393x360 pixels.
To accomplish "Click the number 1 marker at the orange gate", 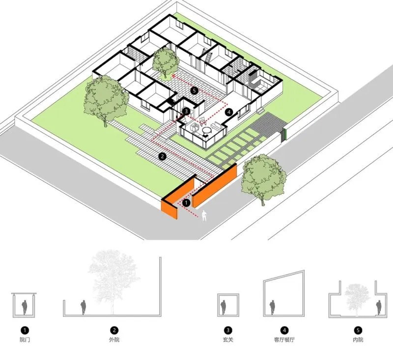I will (x=186, y=201).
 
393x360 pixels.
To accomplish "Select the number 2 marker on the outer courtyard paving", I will (x=163, y=156).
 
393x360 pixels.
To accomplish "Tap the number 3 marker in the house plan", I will (x=186, y=111).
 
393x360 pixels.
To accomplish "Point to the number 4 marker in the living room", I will (x=228, y=112).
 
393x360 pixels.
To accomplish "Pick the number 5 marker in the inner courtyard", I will (x=194, y=90).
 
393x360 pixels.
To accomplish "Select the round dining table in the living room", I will (x=207, y=131).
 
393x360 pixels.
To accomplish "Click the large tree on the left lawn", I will (x=104, y=98).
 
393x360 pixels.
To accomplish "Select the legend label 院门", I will (x=25, y=339).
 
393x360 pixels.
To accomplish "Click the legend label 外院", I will (x=114, y=339).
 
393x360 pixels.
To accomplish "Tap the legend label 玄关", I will (x=228, y=339).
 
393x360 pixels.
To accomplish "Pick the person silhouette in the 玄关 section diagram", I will (x=224, y=307).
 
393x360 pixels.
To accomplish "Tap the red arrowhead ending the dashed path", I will (x=174, y=77).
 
